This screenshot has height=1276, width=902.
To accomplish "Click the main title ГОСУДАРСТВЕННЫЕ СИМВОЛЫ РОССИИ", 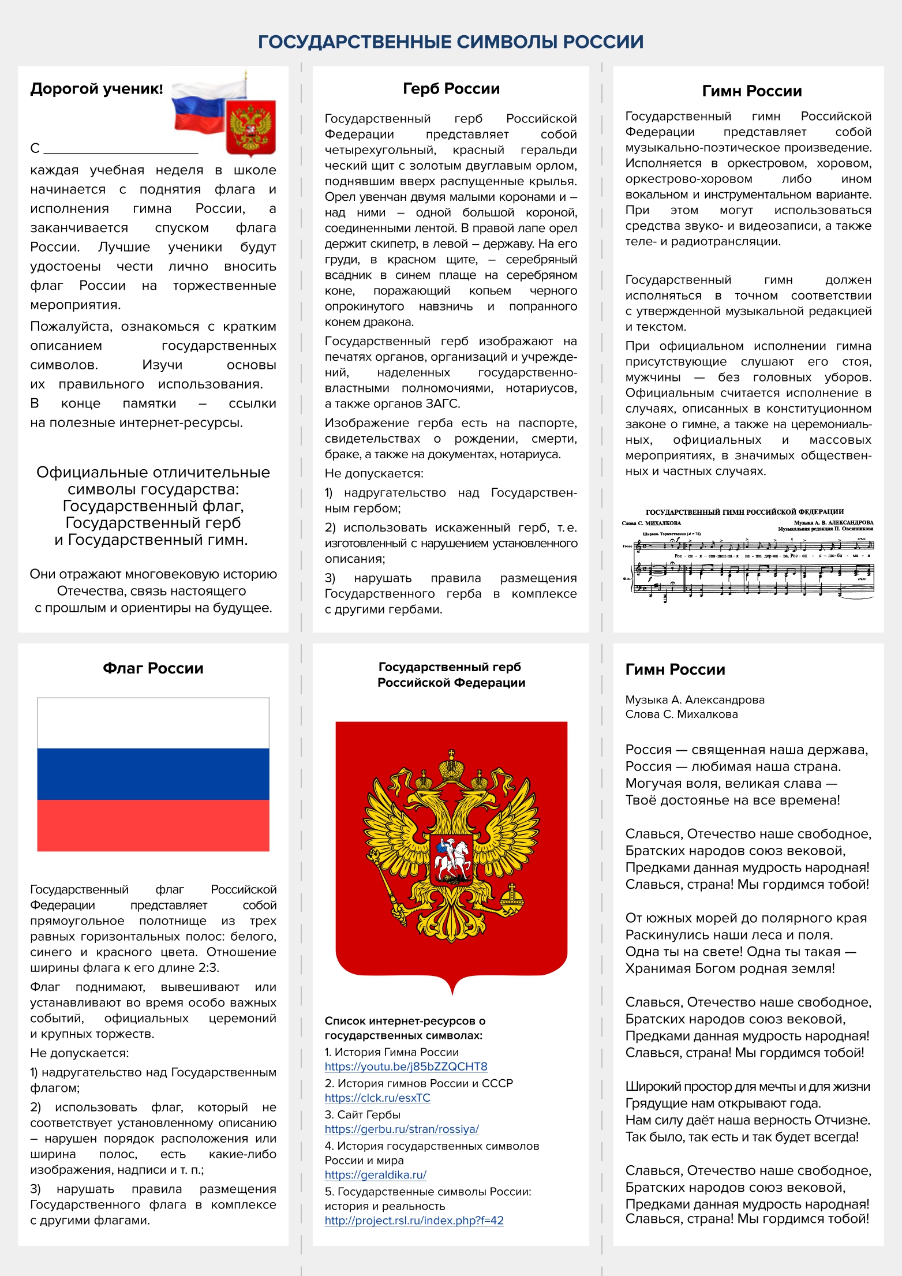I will tap(451, 42).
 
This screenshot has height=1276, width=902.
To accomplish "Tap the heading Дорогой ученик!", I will tap(96, 89).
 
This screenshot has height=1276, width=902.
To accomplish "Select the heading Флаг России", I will tap(153, 668).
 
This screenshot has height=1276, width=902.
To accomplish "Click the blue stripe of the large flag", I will tap(153, 774).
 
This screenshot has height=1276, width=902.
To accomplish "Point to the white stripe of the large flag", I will tap(153, 723).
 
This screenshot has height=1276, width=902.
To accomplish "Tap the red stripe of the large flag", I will tap(153, 825).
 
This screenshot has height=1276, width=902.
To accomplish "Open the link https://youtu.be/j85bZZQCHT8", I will tap(406, 1067).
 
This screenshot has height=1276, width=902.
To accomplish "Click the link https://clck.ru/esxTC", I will tap(377, 1098).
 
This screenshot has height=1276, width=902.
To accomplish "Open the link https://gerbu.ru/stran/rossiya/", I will tap(402, 1129).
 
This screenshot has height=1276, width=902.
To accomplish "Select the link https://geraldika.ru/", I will tap(375, 1174).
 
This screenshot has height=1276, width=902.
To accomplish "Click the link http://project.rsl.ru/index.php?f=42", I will tap(414, 1220).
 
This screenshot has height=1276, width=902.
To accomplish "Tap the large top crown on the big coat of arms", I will tap(451, 768).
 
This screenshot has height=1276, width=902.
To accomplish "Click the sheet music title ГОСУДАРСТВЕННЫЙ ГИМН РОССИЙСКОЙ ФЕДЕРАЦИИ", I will tap(744, 512).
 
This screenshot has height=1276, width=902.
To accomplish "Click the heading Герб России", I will tap(451, 89).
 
